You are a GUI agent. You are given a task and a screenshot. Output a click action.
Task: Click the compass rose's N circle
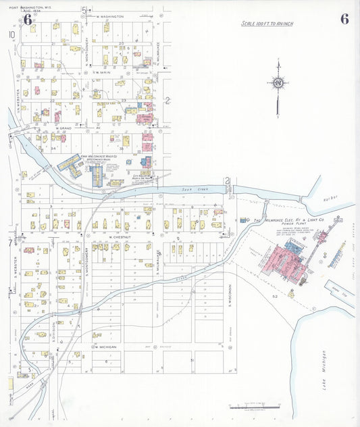[x=278, y=84]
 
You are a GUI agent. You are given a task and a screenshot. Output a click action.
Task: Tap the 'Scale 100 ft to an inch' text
[x=267, y=24]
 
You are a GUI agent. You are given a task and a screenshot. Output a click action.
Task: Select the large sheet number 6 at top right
[x=344, y=19]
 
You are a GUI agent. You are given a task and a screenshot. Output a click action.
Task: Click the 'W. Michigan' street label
[x=105, y=346]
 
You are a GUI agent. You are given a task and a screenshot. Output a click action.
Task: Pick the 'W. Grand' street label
[x=63, y=127]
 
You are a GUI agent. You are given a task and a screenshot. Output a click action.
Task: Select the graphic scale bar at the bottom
[x=257, y=407]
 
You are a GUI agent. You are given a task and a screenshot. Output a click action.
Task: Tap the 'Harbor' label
[x=331, y=199]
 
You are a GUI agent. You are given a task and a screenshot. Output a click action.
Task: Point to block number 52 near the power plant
[x=275, y=296]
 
